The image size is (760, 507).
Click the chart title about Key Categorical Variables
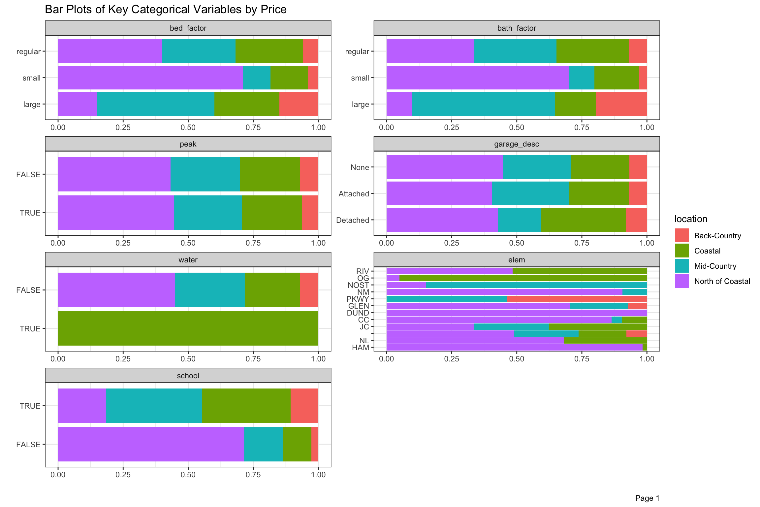pyautogui.click(x=166, y=10)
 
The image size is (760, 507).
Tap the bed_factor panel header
pyautogui.click(x=188, y=28)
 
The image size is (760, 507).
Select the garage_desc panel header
pyautogui.click(x=517, y=144)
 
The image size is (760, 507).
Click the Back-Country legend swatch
pyautogui.click(x=681, y=235)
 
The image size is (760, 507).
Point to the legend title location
pyautogui.click(x=690, y=219)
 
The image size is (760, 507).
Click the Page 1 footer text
pyautogui.click(x=647, y=498)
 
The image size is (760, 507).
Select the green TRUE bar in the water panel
pyautogui.click(x=188, y=328)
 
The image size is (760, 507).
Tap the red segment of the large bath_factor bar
pyautogui.click(x=621, y=104)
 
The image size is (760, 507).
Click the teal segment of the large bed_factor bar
pyautogui.click(x=155, y=104)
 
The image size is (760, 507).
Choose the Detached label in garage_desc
pyautogui.click(x=352, y=220)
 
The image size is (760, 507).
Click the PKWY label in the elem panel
pyautogui.click(x=358, y=299)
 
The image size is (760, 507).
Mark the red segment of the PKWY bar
pyautogui.click(x=577, y=299)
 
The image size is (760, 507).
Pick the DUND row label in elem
pyautogui.click(x=358, y=313)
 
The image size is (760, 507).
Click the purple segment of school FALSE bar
pyautogui.click(x=151, y=444)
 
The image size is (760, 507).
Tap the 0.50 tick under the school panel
pyautogui.click(x=188, y=475)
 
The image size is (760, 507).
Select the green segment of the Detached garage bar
pyautogui.click(x=583, y=220)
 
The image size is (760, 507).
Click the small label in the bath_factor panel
pyautogui.click(x=360, y=78)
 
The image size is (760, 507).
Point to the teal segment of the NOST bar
pyautogui.click(x=536, y=285)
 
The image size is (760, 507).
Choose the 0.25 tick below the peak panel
pyautogui.click(x=123, y=243)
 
